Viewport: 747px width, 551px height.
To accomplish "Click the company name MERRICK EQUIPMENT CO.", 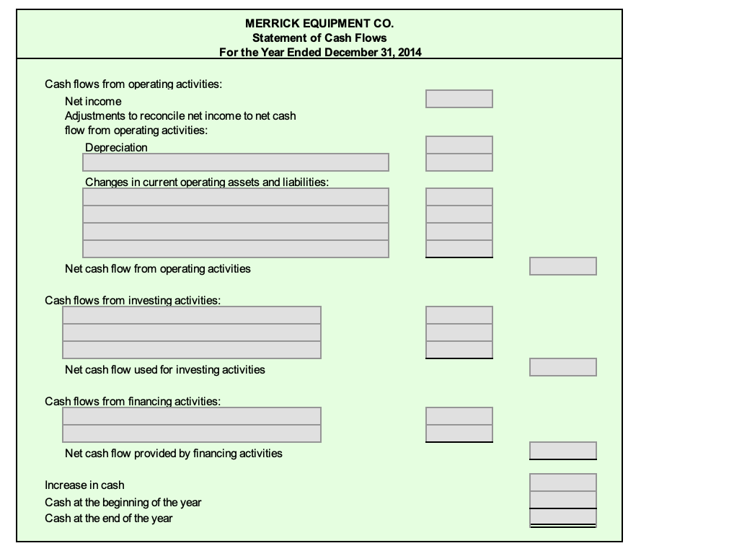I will (x=319, y=24).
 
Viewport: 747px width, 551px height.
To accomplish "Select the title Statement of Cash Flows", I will (x=319, y=38).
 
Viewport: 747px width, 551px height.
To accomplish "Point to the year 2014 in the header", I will (x=410, y=51).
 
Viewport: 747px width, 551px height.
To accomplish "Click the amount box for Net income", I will (x=459, y=99).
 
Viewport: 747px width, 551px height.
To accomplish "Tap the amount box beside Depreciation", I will (x=459, y=145).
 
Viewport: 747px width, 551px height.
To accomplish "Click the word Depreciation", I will (x=116, y=148).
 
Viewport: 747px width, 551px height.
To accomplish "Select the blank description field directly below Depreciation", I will (x=236, y=162).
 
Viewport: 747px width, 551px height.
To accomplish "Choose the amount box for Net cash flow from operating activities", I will (x=562, y=266).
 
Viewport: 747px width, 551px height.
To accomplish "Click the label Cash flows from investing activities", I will (x=133, y=300).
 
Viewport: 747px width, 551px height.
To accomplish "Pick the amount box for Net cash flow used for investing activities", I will (x=562, y=367).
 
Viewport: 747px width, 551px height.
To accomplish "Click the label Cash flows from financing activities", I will (x=133, y=401).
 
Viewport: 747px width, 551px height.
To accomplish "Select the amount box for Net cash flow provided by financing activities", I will (x=562, y=451).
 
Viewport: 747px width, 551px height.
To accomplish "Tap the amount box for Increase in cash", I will (x=562, y=482).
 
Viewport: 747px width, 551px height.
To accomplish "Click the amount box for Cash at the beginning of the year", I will (x=562, y=499).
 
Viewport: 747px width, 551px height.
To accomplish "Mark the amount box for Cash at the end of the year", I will (x=562, y=516).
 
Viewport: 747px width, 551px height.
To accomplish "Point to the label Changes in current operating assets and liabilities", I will (x=207, y=182).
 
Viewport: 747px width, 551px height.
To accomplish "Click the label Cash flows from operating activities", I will (x=133, y=84).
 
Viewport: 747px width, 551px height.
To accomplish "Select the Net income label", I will (x=93, y=102).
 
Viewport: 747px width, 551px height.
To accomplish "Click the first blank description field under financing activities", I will (x=192, y=416).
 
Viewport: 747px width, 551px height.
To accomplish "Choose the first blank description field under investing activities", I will (x=192, y=315).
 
